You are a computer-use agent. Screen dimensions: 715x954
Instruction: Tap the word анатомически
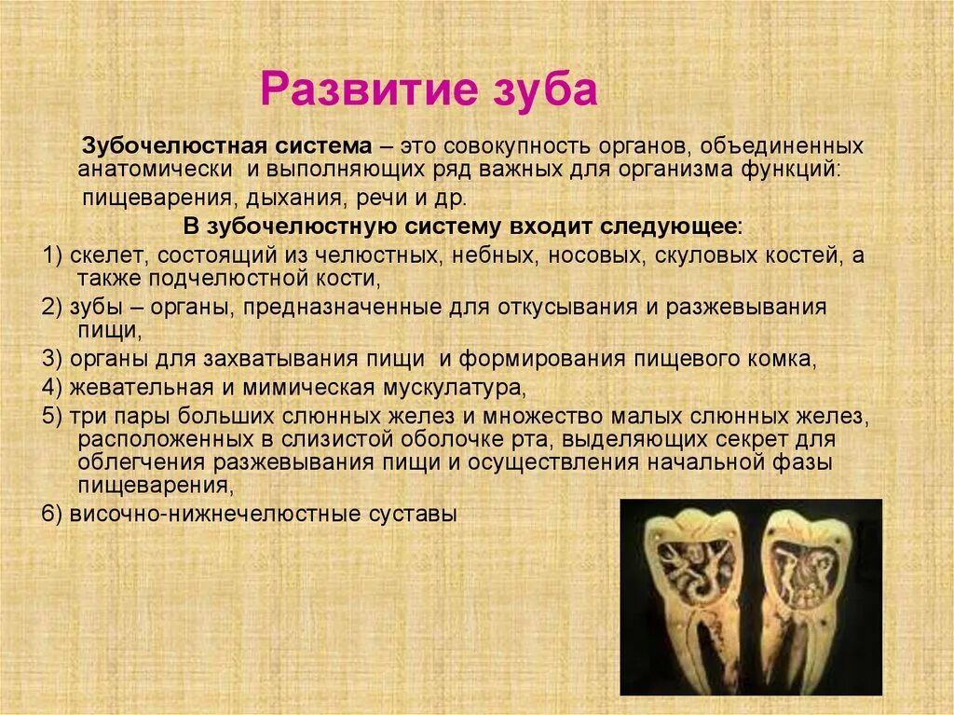coord(155,171)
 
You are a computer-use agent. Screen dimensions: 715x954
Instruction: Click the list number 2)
coord(53,308)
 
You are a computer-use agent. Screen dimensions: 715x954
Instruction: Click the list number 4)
coord(53,387)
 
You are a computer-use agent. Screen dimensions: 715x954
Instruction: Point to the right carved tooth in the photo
coord(807,597)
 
